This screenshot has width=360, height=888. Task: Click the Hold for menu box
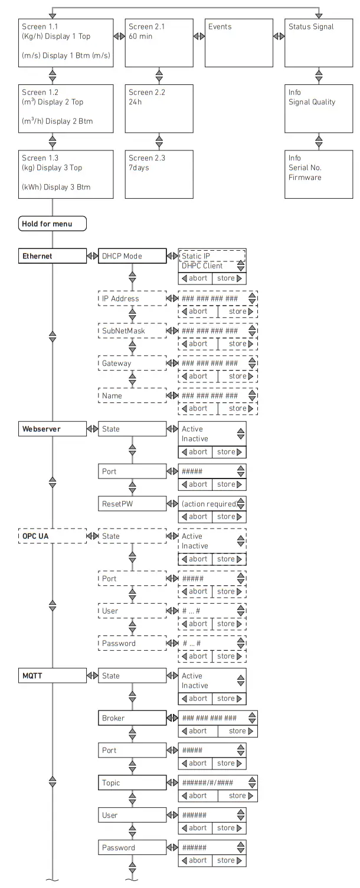[x=53, y=224]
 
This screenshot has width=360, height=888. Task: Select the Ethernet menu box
[x=53, y=256]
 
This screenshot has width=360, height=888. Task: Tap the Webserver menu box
[x=53, y=429]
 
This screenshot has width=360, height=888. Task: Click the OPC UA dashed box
[x=53, y=536]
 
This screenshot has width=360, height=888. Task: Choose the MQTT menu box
[x=53, y=676]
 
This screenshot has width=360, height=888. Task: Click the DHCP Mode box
[x=132, y=256]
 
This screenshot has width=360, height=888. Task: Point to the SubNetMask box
[x=132, y=331]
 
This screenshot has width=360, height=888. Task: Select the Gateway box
[x=132, y=363]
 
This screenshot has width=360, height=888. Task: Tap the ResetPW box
[x=132, y=504]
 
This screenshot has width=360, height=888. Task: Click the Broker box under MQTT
[x=132, y=718]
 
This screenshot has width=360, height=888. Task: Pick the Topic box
[x=132, y=783]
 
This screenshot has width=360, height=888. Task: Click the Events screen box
[x=239, y=42]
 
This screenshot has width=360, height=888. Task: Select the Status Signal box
[x=319, y=42]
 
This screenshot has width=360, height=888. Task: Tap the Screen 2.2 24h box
[x=159, y=108]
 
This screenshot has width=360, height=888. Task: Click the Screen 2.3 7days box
[x=159, y=174]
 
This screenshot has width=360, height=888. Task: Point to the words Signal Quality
[x=312, y=102]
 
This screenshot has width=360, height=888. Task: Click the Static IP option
[x=195, y=256]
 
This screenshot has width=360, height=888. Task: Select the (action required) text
[x=208, y=504]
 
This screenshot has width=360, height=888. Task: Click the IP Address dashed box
[x=132, y=299]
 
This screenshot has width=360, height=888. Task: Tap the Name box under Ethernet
[x=132, y=396]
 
